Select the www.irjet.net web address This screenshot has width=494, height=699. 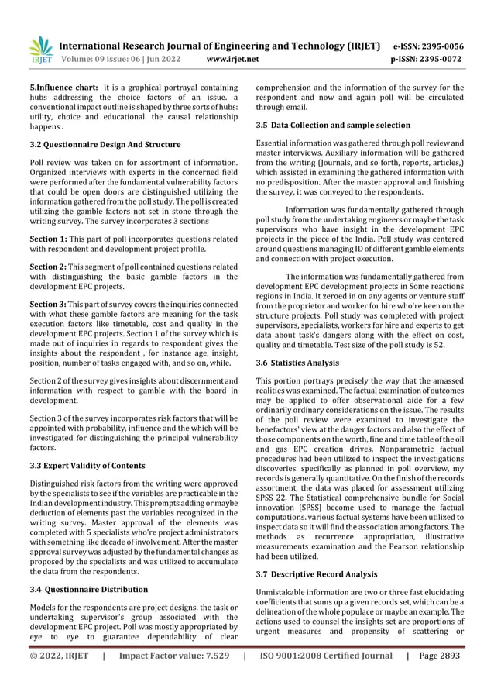click(x=233, y=58)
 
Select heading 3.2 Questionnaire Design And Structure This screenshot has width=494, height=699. click(x=105, y=144)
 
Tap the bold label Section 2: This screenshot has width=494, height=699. click(x=47, y=267)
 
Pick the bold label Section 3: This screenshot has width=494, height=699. click(x=47, y=305)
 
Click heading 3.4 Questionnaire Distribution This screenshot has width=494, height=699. click(x=88, y=589)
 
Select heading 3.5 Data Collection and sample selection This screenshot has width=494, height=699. click(x=333, y=125)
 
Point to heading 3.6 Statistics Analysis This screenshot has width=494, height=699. click(x=297, y=362)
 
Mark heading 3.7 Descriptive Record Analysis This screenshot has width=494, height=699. click(x=317, y=574)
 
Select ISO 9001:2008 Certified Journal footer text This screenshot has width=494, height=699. click(x=326, y=656)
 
